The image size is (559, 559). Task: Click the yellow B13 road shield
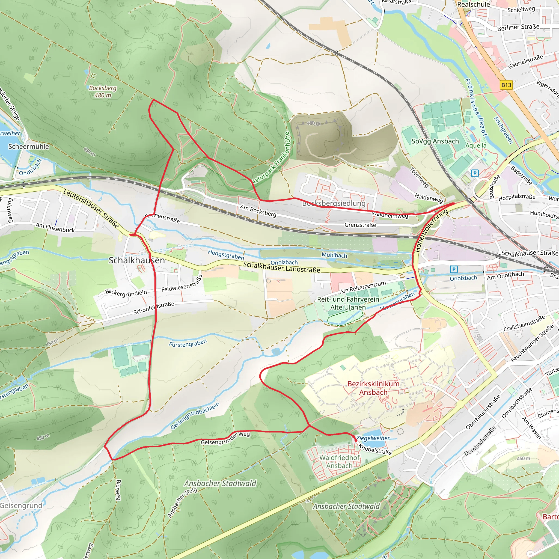[x=506, y=85]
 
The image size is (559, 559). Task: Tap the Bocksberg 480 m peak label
[x=102, y=91]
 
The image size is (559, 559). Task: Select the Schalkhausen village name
[x=136, y=260]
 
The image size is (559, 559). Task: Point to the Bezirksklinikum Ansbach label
[x=373, y=388]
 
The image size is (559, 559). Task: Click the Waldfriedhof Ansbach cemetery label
[x=339, y=462]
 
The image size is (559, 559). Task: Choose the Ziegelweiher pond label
[x=373, y=438]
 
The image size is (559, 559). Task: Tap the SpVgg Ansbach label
[x=435, y=141]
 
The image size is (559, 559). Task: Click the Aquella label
[x=476, y=145]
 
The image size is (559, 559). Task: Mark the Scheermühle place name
[x=28, y=146]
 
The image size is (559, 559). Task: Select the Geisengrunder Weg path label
[x=225, y=438]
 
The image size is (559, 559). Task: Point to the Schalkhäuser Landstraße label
[x=281, y=267]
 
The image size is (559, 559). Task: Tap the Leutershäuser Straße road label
[x=91, y=209]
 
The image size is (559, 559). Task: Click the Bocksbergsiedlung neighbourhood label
[x=334, y=203]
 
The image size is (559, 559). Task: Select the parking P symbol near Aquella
[x=475, y=173]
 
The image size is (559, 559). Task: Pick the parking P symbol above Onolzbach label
[x=454, y=269]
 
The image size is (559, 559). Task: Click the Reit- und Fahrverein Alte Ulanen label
[x=348, y=303]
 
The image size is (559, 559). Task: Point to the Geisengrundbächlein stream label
[x=195, y=416]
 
